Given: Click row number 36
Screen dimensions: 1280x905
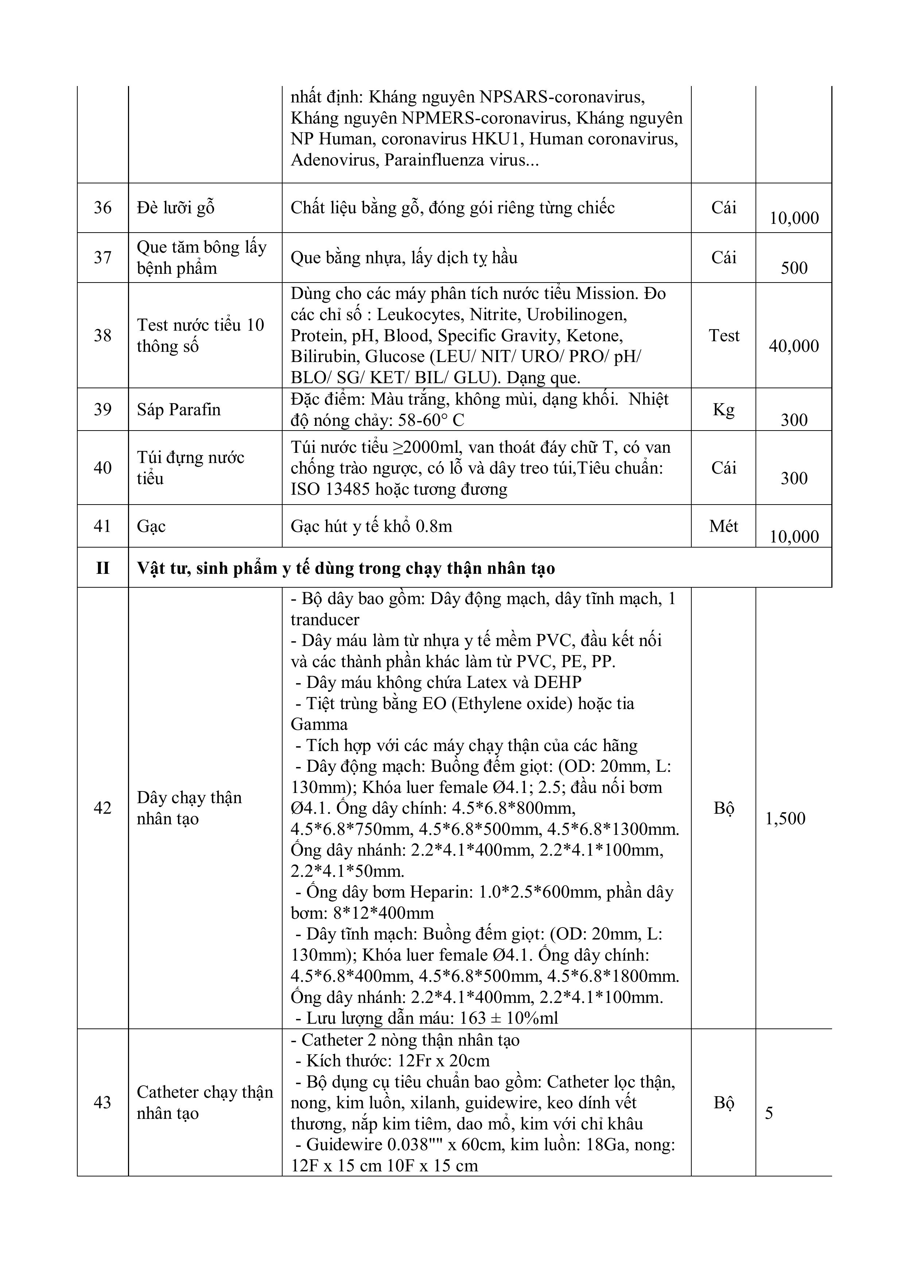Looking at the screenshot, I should point(102,208).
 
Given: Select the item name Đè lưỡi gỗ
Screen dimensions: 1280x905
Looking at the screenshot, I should point(176,208).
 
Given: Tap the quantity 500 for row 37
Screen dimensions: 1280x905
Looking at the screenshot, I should point(794,268).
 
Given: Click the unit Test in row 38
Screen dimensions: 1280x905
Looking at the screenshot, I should point(724,336).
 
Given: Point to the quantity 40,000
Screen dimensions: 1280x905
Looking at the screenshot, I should point(794,346).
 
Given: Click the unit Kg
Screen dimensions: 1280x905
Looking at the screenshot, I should point(724,410).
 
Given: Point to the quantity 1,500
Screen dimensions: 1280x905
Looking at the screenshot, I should point(785,818).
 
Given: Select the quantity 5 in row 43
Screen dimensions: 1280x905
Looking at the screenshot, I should point(769,1113).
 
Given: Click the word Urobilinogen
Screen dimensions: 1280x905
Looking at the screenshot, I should point(576,315).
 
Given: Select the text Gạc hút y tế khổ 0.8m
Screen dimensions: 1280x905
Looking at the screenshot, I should point(371,526).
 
